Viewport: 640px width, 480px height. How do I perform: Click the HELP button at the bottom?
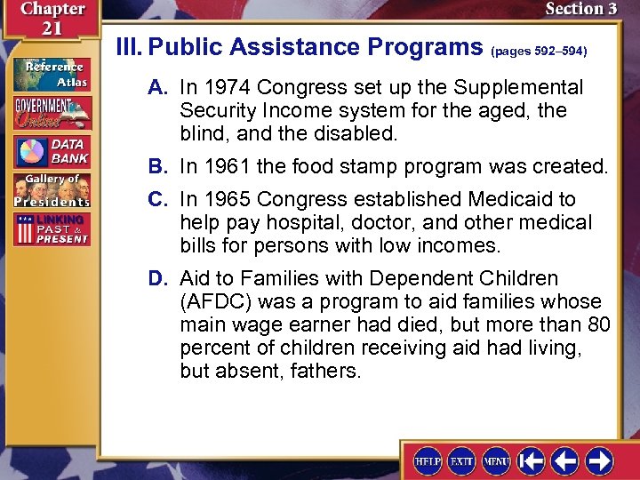click(428, 461)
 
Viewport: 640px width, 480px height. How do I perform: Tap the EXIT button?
click(462, 461)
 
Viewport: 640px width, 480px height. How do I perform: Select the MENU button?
click(496, 461)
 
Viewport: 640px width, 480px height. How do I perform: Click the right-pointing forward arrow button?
click(599, 460)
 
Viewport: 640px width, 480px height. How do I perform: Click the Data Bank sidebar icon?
click(52, 151)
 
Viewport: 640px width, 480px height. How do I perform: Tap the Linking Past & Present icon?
click(52, 229)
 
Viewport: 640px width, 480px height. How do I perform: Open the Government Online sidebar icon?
click(52, 113)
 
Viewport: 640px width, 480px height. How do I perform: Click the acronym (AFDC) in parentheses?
click(220, 302)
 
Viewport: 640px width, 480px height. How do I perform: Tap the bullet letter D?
click(156, 279)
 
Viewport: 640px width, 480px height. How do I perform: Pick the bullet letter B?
click(156, 166)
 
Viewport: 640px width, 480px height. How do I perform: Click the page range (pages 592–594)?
click(539, 52)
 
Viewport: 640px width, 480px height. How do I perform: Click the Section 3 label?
click(580, 9)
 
